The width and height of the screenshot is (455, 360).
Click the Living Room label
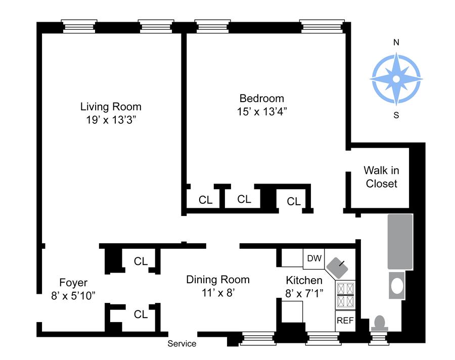point(111,107)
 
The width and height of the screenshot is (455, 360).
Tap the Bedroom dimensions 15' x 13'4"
point(262,111)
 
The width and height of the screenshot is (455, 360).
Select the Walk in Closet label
point(381,177)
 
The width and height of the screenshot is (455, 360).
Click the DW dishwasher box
point(314,258)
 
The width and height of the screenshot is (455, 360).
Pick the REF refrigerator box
point(345,321)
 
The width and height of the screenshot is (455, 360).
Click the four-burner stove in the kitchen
point(345,295)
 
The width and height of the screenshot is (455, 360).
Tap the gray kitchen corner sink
point(337,267)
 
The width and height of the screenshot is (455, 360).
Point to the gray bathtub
point(400,242)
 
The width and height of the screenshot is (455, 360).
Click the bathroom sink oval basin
point(397,286)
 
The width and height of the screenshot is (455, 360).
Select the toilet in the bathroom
point(380,323)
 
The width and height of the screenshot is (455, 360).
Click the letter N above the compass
point(396,42)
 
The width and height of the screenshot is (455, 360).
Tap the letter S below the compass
point(396,115)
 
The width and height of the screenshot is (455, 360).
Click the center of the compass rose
point(396,79)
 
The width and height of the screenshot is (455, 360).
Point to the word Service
point(181,344)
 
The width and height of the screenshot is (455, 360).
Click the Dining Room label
point(217,280)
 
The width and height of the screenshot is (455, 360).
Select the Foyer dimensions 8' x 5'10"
point(73,296)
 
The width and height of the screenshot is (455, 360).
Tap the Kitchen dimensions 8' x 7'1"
point(304,294)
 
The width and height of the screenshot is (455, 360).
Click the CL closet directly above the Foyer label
point(141,261)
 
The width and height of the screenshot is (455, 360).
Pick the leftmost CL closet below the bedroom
point(205,200)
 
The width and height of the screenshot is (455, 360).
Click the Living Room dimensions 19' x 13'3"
point(111,120)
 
